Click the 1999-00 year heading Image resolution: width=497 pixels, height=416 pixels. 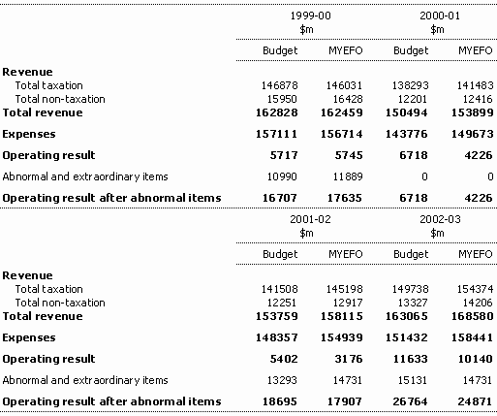[x=311, y=16]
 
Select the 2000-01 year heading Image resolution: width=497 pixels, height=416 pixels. [x=440, y=16]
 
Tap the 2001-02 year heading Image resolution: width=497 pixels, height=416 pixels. [x=311, y=219]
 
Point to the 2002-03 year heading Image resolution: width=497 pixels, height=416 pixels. [x=440, y=219]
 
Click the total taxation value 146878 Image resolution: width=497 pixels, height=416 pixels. [x=279, y=85]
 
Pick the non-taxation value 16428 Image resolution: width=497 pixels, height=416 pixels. [x=348, y=99]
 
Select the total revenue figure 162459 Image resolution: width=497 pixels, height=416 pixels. [x=342, y=112]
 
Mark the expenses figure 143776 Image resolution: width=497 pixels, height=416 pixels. [x=407, y=134]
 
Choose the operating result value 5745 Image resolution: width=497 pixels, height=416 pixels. [x=349, y=155]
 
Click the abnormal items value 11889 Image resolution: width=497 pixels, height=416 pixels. [x=348, y=176]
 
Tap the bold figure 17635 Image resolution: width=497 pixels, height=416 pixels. [x=345, y=198]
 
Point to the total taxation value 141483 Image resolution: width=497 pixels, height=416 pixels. [x=475, y=85]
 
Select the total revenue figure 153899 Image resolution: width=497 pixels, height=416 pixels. [x=473, y=112]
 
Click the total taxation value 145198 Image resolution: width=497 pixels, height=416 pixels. [x=345, y=289]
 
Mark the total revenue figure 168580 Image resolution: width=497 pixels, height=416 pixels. [x=473, y=316]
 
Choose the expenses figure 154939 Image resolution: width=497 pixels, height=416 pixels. [x=342, y=337]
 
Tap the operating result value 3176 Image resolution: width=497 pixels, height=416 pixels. [x=349, y=359]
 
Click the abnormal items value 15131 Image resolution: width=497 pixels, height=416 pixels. [x=413, y=380]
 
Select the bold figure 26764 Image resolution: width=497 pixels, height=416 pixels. [x=410, y=401]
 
